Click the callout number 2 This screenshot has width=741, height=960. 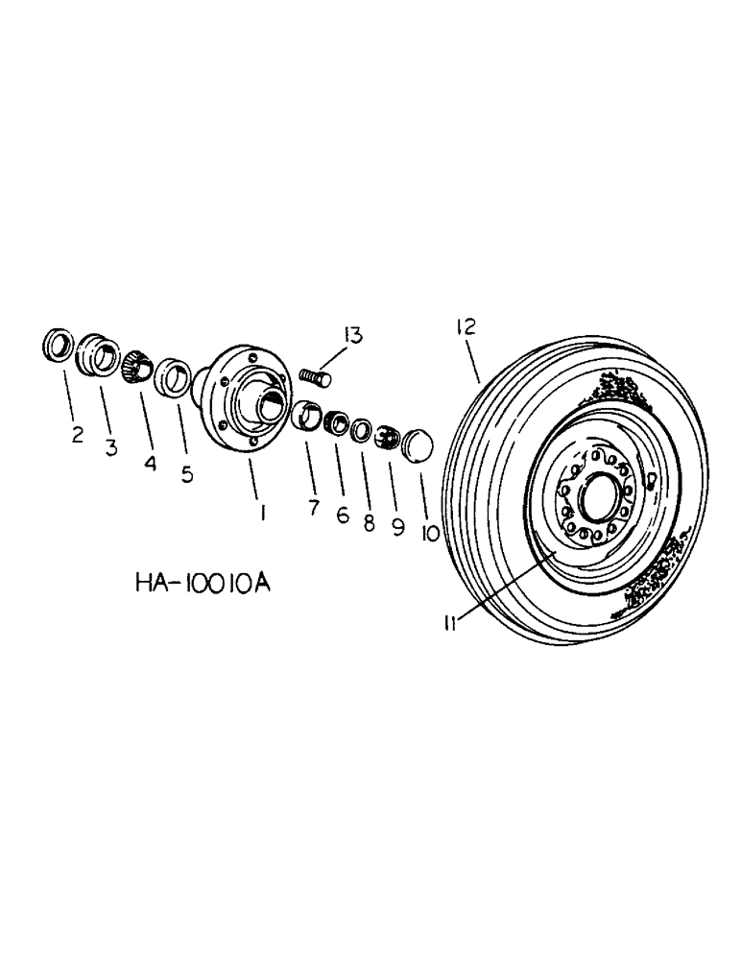point(77,435)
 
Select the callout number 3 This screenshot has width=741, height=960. point(111,448)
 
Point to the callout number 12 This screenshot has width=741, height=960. point(466,330)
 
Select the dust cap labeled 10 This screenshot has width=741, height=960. point(417,445)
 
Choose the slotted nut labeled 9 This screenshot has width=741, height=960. point(385,437)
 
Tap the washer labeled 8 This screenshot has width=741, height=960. point(360,428)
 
